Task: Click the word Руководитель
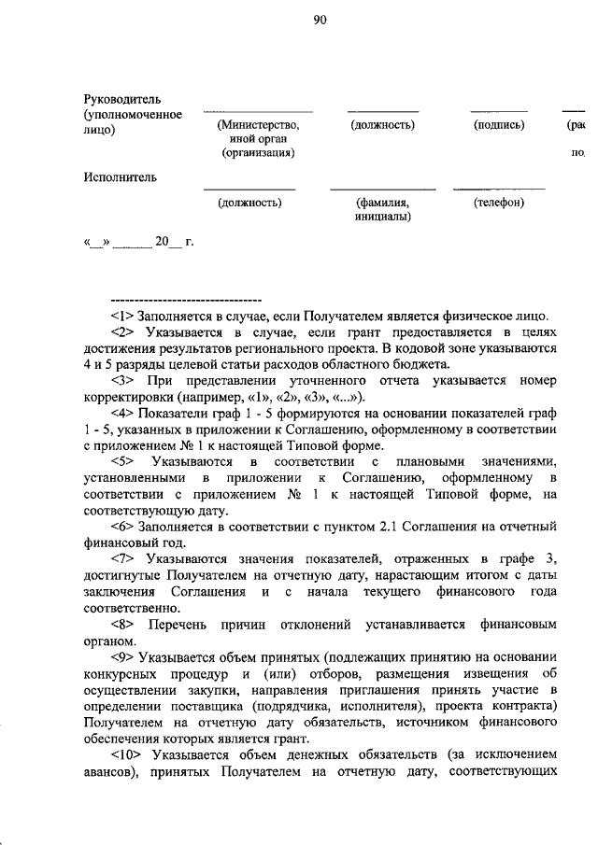123,99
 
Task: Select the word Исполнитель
120,176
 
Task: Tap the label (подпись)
499,125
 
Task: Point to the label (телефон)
498,202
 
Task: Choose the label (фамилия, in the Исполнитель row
382,202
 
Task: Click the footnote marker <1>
122,315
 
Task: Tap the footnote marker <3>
123,381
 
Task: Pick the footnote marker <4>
122,413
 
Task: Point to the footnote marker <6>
122,526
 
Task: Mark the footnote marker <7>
123,558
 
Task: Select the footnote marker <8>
123,624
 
